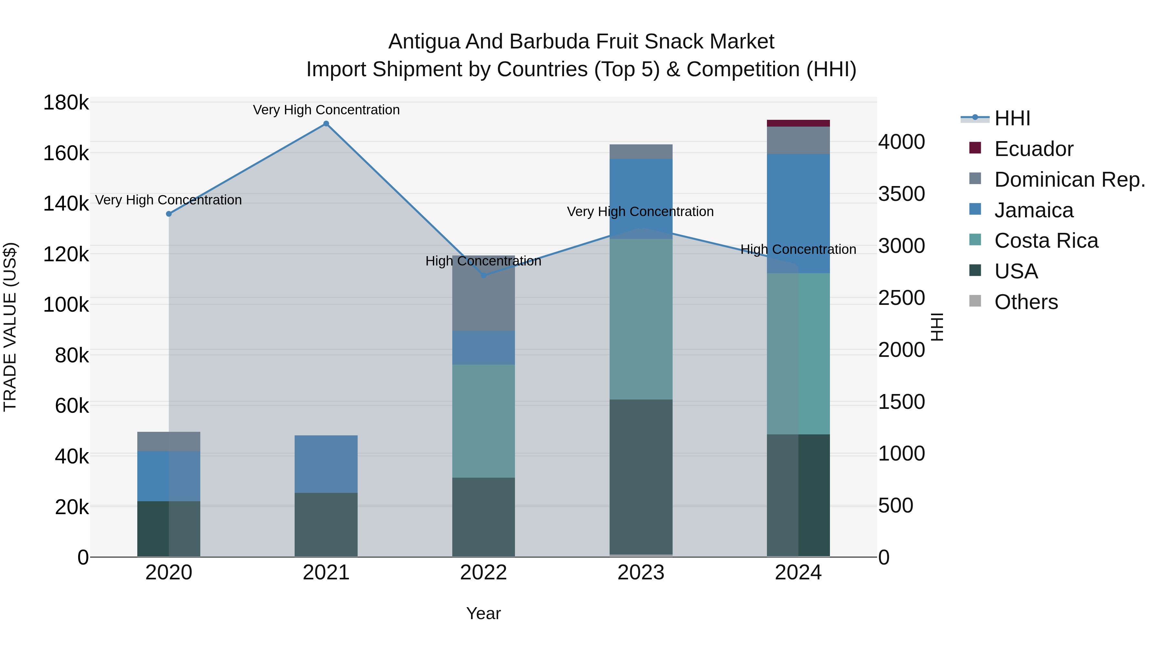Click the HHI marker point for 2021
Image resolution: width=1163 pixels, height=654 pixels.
tap(326, 124)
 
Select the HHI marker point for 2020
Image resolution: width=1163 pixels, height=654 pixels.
tap(169, 214)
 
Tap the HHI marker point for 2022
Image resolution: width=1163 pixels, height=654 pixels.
tap(484, 275)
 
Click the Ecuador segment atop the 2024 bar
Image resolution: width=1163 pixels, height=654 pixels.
tap(798, 123)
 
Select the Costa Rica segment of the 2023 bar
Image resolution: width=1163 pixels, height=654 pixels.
tap(641, 319)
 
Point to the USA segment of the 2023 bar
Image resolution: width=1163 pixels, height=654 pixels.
tap(641, 477)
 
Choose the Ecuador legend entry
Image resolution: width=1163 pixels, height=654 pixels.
tap(1033, 149)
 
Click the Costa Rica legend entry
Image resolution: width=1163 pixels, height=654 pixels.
tap(1046, 241)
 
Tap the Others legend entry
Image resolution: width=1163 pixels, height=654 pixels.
tap(1025, 302)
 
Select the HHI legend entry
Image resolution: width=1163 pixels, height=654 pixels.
tap(1012, 118)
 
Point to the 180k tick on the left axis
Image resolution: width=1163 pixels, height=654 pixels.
tap(66, 103)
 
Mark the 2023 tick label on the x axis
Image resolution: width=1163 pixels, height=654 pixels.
tap(641, 573)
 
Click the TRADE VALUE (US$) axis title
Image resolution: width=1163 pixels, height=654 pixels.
tap(10, 327)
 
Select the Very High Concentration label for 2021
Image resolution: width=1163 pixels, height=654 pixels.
tap(326, 110)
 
